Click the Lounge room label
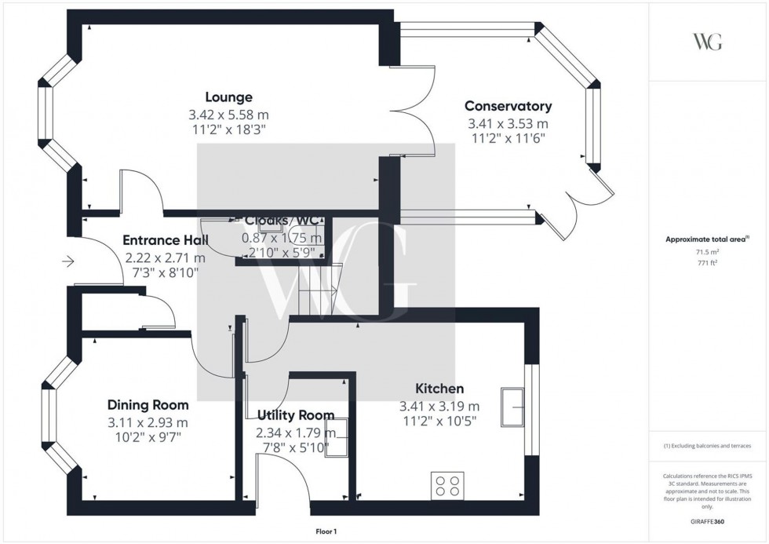228,97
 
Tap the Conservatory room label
508,106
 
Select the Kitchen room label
439,389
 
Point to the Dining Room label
148,405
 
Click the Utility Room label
295,414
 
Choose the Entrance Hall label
165,241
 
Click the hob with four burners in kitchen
447,484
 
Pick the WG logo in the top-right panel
708,42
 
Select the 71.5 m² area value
708,252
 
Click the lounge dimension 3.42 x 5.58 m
228,115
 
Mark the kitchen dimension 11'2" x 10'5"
439,421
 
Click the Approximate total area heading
705,239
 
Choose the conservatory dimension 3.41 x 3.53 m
508,123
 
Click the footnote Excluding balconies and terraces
708,446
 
